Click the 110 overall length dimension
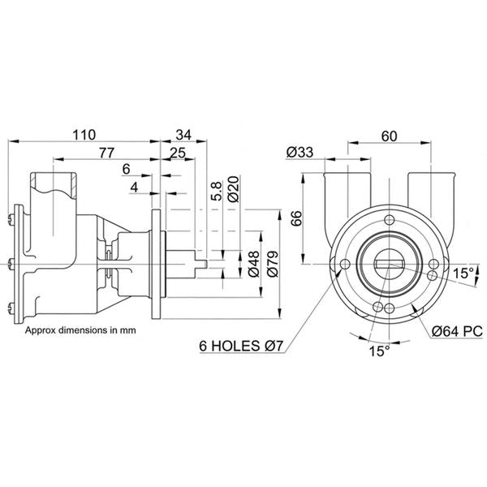84,135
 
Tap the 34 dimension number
183,135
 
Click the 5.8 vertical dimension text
215,190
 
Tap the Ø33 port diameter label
300,152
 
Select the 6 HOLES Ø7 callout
242,347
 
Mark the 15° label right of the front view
464,273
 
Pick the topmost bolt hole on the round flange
391,221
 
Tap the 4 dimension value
135,188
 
